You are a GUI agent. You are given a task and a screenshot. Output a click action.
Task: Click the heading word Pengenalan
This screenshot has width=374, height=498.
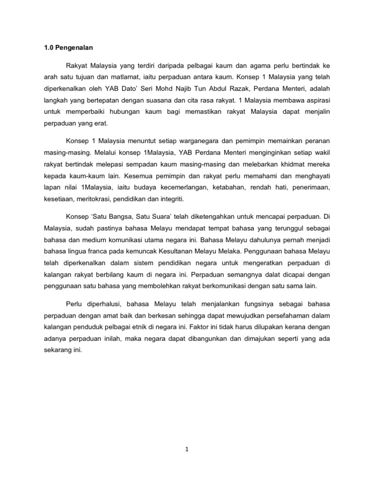[74, 48]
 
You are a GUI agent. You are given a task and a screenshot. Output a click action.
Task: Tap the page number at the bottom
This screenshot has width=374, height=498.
[187, 450]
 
